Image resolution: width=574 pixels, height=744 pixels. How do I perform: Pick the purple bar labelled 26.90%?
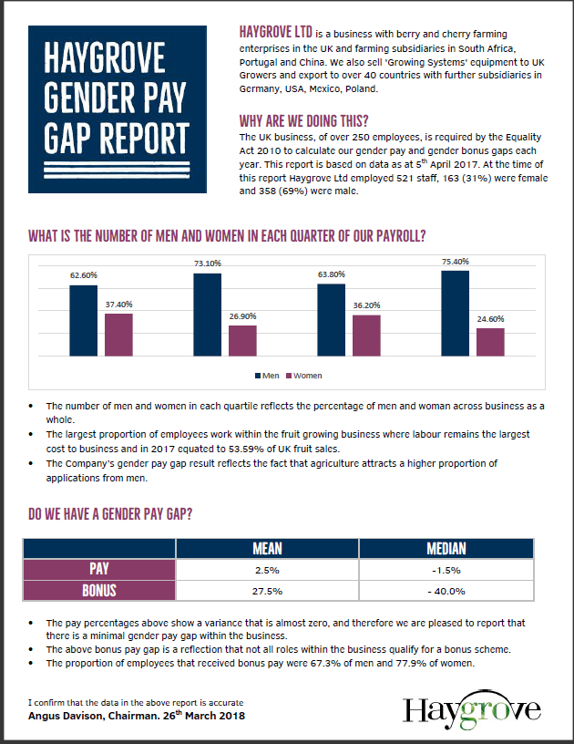coord(242,340)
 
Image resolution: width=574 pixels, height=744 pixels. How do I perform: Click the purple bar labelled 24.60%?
coord(490,342)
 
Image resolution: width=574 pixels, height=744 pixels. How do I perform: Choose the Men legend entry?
coord(268,375)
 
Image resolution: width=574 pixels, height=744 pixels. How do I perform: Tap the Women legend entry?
coord(304,375)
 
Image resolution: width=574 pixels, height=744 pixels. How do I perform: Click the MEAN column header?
coord(267,548)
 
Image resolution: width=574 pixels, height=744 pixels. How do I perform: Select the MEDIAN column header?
coord(446,548)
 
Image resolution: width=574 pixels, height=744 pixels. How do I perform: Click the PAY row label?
coord(98,570)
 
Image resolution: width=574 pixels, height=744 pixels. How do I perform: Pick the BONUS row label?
coord(98,591)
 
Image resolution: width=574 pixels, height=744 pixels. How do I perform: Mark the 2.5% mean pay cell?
coord(267,570)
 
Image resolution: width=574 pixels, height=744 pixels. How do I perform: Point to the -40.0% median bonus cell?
coord(446,591)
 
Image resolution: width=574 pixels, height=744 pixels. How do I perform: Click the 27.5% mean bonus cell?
coord(267,591)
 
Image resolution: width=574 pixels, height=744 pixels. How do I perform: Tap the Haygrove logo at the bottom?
coord(471,708)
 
